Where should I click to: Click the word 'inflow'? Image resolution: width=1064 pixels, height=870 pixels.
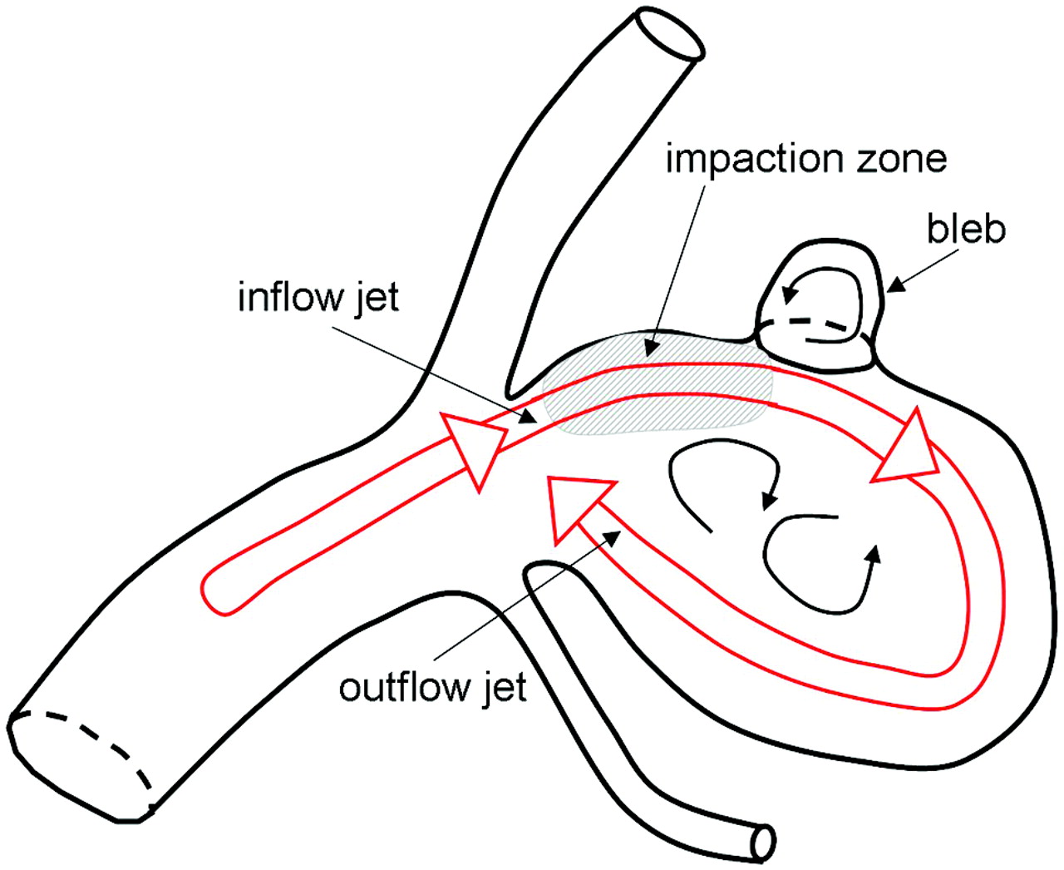point(287,297)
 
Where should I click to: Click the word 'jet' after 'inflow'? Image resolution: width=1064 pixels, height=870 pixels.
point(377,297)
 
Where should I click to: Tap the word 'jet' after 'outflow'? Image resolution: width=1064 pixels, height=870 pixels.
point(502,687)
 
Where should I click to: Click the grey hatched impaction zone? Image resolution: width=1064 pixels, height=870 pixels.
point(657,391)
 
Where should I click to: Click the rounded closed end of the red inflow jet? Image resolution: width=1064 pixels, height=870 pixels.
point(214,592)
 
